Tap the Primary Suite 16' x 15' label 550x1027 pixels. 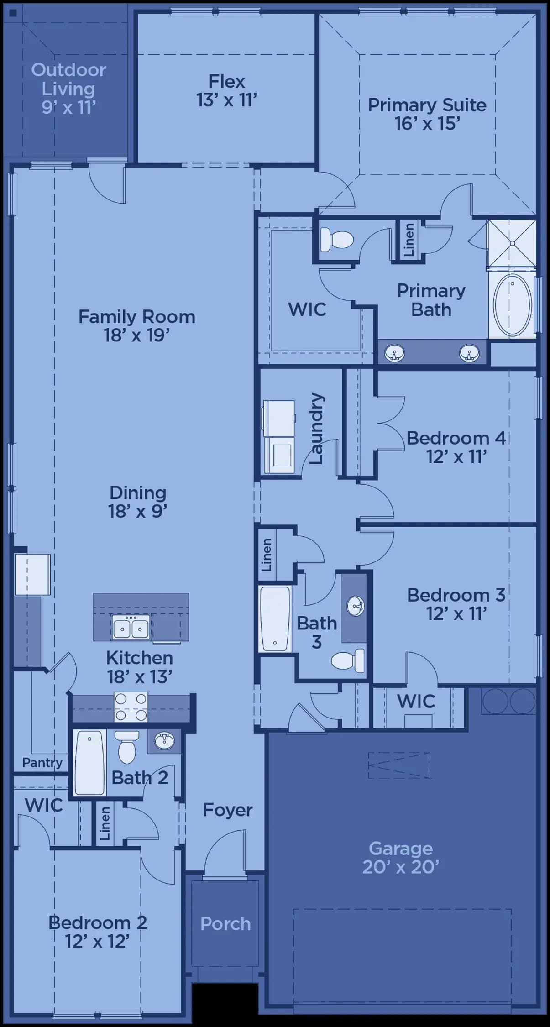[427, 114]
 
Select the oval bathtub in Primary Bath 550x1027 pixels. [513, 305]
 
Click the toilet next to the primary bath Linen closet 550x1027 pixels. [337, 239]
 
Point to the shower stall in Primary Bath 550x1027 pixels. [512, 243]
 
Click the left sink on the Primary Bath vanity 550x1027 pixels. [394, 353]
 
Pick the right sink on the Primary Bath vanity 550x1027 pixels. [469, 353]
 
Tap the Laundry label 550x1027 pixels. [316, 428]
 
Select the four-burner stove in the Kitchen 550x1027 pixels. [131, 707]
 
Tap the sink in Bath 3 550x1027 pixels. [356, 607]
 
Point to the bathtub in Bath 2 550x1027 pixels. [90, 762]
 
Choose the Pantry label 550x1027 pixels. [42, 763]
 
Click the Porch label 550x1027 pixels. [225, 923]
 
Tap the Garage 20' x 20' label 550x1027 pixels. [401, 857]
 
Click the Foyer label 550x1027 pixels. [228, 810]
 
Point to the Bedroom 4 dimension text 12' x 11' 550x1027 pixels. [456, 456]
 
